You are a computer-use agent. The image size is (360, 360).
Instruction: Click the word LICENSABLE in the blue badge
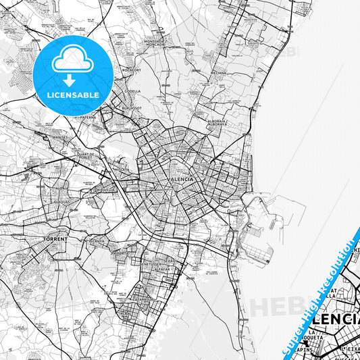click(73, 95)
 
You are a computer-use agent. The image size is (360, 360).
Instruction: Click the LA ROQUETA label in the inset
click(318, 336)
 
